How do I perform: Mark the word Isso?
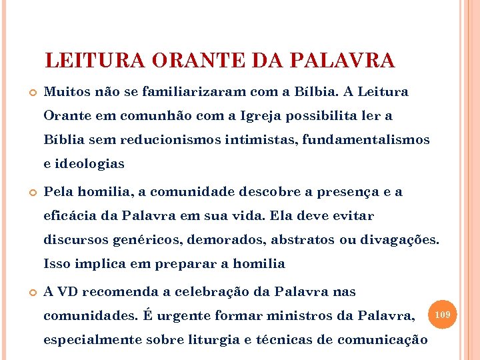tap(57, 263)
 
